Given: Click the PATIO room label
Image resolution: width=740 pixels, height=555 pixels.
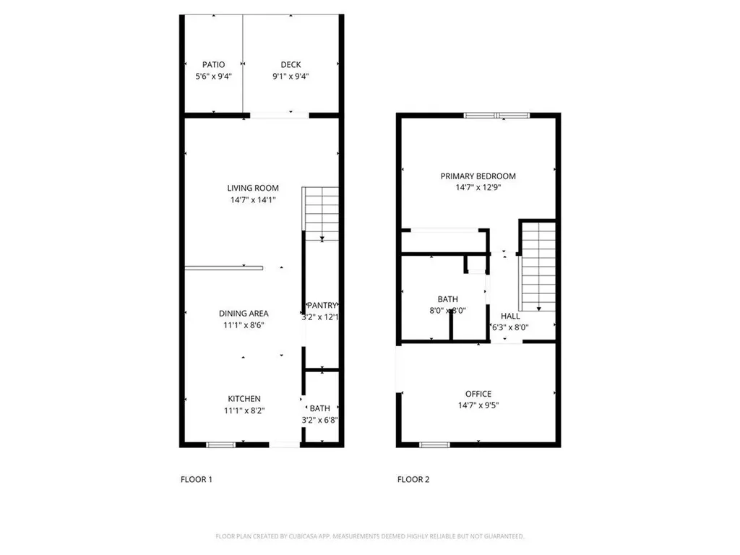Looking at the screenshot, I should (x=213, y=65).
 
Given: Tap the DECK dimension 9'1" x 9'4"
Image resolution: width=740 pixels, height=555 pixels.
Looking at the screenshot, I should (x=291, y=77).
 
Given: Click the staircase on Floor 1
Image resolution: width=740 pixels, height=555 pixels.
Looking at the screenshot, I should (x=321, y=213).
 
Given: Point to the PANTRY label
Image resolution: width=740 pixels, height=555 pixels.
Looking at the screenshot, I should (x=322, y=305).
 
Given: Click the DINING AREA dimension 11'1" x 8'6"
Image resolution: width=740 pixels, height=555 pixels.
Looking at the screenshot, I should (x=244, y=325).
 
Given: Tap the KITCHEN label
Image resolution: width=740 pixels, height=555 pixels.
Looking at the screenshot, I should (x=244, y=399).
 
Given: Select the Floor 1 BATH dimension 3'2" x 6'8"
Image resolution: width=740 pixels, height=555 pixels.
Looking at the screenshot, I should (x=320, y=420).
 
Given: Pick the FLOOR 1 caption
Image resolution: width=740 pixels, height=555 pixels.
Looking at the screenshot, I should (x=196, y=479).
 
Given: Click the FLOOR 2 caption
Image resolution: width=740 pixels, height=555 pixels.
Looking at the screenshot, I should (x=413, y=479).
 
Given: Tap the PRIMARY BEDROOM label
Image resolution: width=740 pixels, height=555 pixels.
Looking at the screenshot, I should (x=478, y=176).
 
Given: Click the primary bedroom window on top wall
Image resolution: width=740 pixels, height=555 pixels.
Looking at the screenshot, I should (x=496, y=114).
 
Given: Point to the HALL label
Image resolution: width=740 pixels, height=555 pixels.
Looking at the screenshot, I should (x=510, y=316).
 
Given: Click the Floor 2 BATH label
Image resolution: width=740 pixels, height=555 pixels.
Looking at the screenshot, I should (x=447, y=299).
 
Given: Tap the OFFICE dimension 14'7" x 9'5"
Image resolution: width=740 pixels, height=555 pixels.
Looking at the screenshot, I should (x=478, y=405).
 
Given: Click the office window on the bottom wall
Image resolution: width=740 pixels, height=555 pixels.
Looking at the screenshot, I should (x=432, y=444).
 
